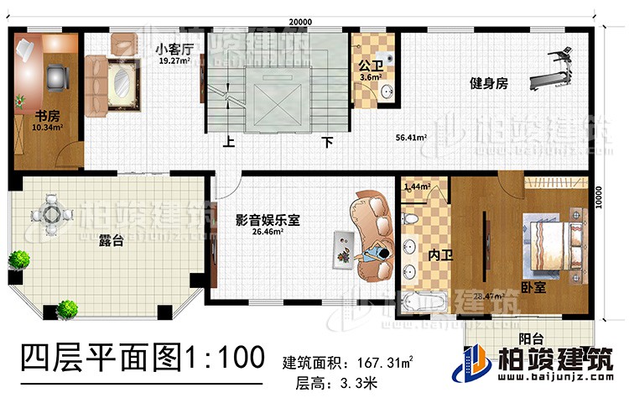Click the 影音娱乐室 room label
pos(268,220)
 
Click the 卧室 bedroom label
pos(532,286)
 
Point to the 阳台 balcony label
pos(533,342)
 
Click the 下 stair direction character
pos(328,142)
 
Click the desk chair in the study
pos(56,76)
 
